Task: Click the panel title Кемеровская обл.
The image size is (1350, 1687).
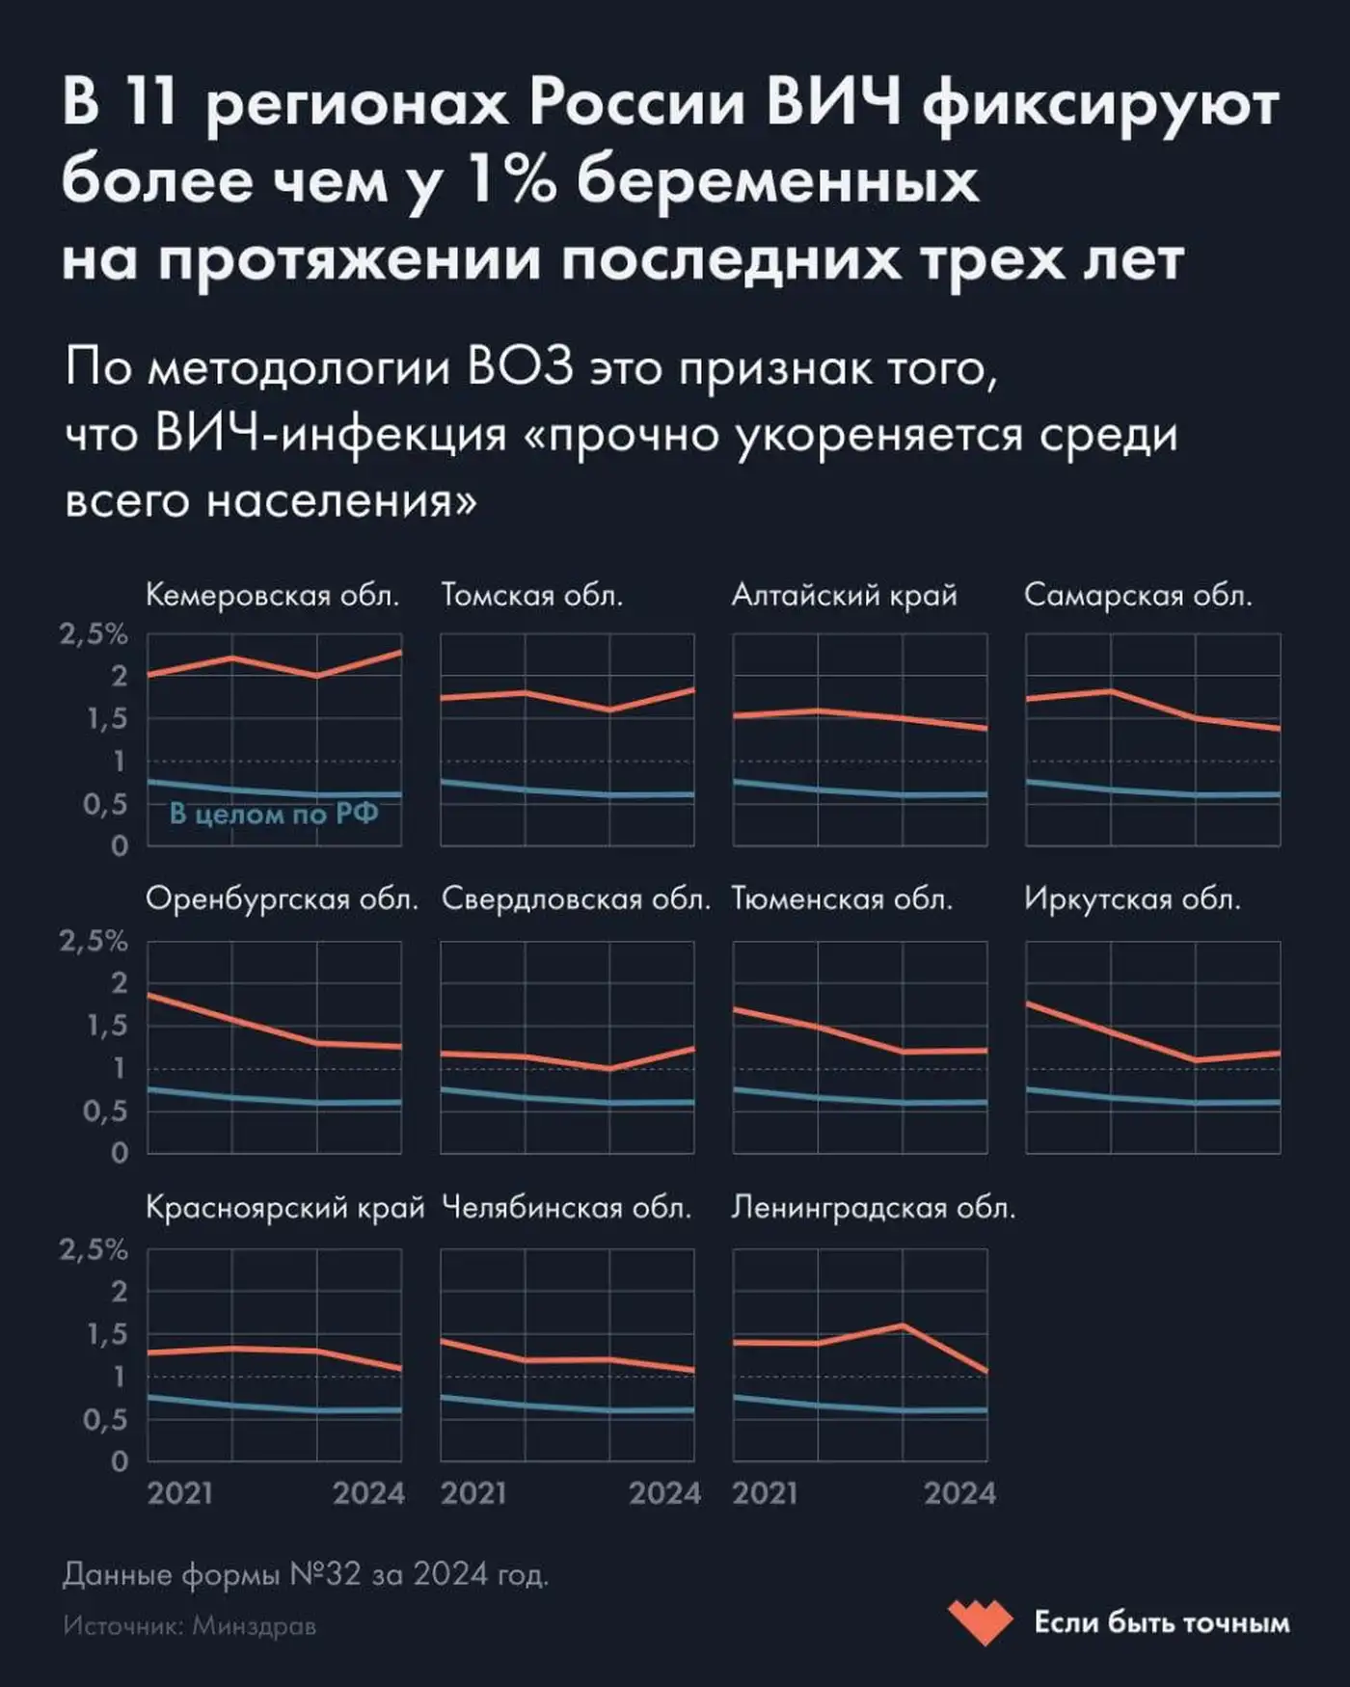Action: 272,596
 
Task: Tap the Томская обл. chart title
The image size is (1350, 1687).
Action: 531,596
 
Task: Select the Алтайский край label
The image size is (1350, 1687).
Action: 844,596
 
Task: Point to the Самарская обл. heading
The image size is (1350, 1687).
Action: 1138,596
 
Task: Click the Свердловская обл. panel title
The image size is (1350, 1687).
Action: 576,900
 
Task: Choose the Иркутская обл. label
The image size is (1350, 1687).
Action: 1132,900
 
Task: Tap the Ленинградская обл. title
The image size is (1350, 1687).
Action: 873,1208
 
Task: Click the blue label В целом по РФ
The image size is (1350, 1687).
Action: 274,815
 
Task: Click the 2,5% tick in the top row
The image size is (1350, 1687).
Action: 94,634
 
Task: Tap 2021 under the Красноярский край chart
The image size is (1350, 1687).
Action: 179,1493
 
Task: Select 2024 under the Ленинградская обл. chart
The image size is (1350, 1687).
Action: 959,1493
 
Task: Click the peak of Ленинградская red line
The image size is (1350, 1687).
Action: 903,1325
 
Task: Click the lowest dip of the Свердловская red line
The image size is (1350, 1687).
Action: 609,1068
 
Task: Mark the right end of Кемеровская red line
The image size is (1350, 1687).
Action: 399,653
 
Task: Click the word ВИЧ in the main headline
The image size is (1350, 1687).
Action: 834,104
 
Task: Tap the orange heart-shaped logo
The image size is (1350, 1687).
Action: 980,1621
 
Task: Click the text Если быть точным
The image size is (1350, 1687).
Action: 1161,1622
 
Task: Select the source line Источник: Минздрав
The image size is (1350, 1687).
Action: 190,1626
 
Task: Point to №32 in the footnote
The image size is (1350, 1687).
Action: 326,1574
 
